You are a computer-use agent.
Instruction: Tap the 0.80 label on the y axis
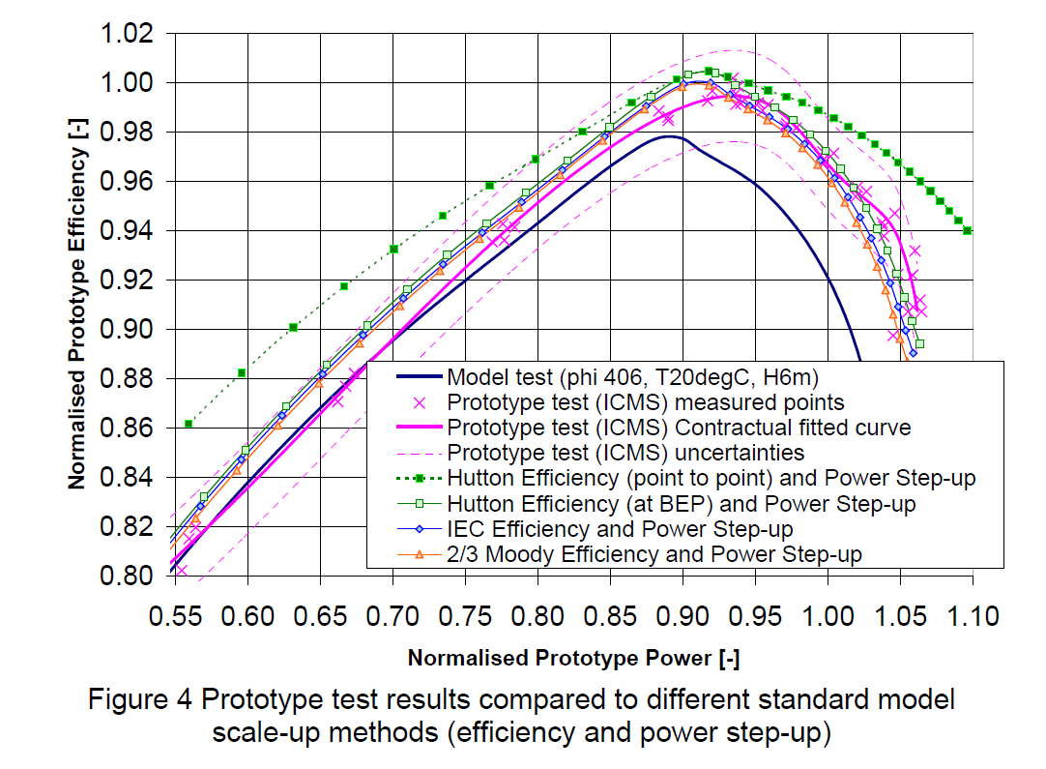click(129, 577)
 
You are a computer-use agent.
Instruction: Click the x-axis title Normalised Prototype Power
click(573, 659)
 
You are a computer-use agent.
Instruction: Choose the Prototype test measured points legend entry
click(646, 402)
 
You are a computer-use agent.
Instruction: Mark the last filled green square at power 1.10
click(968, 230)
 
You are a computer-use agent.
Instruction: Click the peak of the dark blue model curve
click(668, 136)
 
